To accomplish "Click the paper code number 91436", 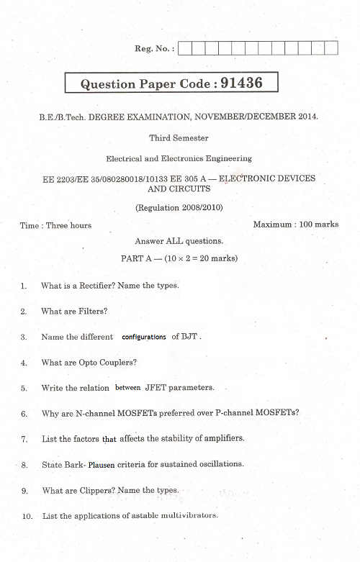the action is tap(241, 83).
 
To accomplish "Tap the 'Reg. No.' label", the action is tap(153, 48).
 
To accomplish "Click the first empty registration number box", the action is tap(184, 48).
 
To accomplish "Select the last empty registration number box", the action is tap(331, 48).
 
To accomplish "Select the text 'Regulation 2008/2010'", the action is tap(179, 207).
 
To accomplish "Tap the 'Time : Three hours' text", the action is tap(56, 225).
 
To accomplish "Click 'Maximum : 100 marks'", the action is tap(295, 225).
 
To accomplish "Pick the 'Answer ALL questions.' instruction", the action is tap(179, 241).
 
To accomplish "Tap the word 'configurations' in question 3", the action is tap(144, 337).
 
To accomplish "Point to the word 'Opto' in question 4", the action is tap(85, 363).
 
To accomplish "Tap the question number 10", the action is tap(27, 517).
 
